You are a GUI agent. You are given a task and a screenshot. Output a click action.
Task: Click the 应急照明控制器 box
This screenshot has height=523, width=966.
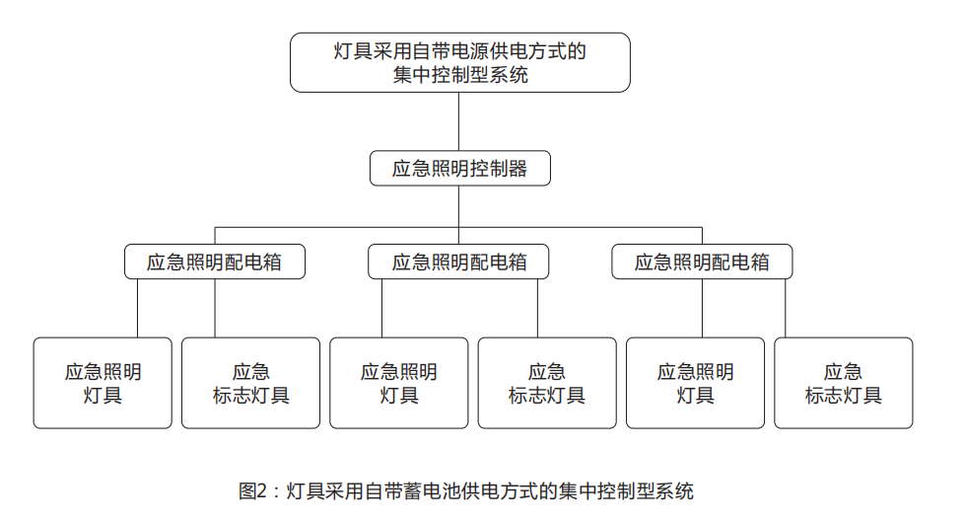click(459, 169)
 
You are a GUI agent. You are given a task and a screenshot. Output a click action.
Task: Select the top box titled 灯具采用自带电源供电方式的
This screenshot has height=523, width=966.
click(459, 63)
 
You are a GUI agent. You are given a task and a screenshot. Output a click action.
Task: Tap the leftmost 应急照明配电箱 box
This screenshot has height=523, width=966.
click(215, 262)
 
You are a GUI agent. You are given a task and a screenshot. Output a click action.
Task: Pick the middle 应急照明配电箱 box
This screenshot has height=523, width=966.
click(458, 262)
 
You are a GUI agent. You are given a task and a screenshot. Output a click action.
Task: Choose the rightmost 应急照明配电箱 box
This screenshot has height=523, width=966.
click(702, 262)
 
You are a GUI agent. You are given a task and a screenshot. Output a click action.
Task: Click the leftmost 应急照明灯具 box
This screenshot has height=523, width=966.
click(103, 383)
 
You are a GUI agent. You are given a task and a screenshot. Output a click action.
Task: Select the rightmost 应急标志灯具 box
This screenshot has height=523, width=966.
click(844, 383)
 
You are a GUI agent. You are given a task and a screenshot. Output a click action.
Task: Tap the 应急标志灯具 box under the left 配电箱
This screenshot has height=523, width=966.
click(250, 383)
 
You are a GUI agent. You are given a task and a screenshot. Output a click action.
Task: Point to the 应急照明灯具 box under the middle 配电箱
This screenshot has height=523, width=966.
click(398, 383)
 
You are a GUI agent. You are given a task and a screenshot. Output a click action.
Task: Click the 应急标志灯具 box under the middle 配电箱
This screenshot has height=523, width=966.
click(547, 383)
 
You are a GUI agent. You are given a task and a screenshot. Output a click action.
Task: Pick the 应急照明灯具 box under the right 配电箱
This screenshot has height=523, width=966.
click(695, 383)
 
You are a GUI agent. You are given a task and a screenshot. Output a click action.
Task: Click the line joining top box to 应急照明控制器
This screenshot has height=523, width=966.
click(459, 121)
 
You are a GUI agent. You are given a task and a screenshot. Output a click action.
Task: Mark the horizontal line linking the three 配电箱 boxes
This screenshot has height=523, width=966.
click(459, 228)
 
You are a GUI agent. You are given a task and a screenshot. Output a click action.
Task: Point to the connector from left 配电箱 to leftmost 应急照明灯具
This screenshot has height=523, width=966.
click(137, 308)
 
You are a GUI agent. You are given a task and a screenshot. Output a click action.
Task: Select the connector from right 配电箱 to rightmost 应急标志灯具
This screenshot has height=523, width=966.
click(786, 308)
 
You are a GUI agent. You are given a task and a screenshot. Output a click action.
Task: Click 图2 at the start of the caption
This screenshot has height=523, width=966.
click(252, 491)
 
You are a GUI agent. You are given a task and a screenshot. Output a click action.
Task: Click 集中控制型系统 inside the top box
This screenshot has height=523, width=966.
click(460, 75)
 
